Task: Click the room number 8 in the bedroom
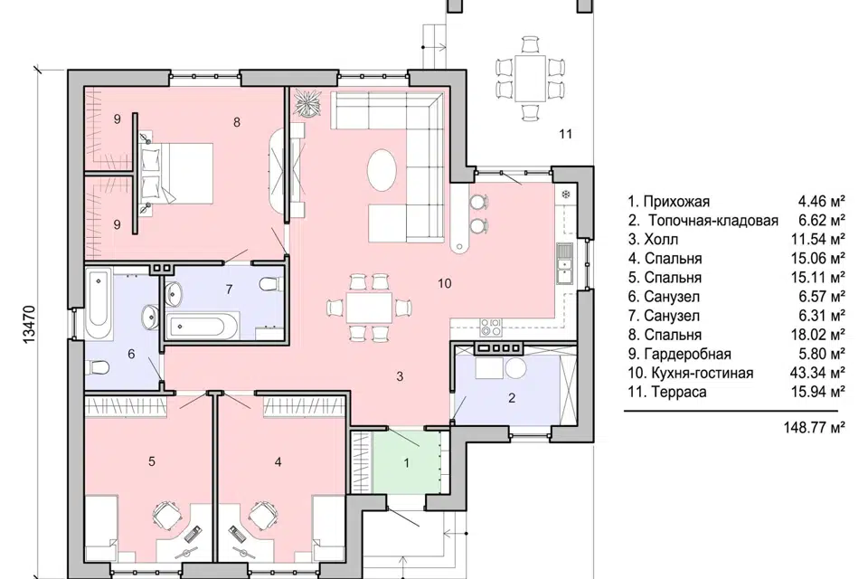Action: pos(237,122)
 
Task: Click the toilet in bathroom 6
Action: pos(99,367)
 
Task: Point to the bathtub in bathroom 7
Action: pos(202,326)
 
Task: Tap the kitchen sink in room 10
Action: pos(564,263)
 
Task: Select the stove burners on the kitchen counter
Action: pos(490,327)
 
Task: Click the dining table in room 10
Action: pos(369,308)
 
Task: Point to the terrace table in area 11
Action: pos(531,78)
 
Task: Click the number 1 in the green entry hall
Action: pos(406,462)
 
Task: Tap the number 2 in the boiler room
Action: pos(512,397)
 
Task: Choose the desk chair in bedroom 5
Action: pos(166,516)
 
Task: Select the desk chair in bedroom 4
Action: pos(263,516)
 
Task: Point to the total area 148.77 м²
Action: pos(814,427)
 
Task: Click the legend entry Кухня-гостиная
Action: pos(702,373)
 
